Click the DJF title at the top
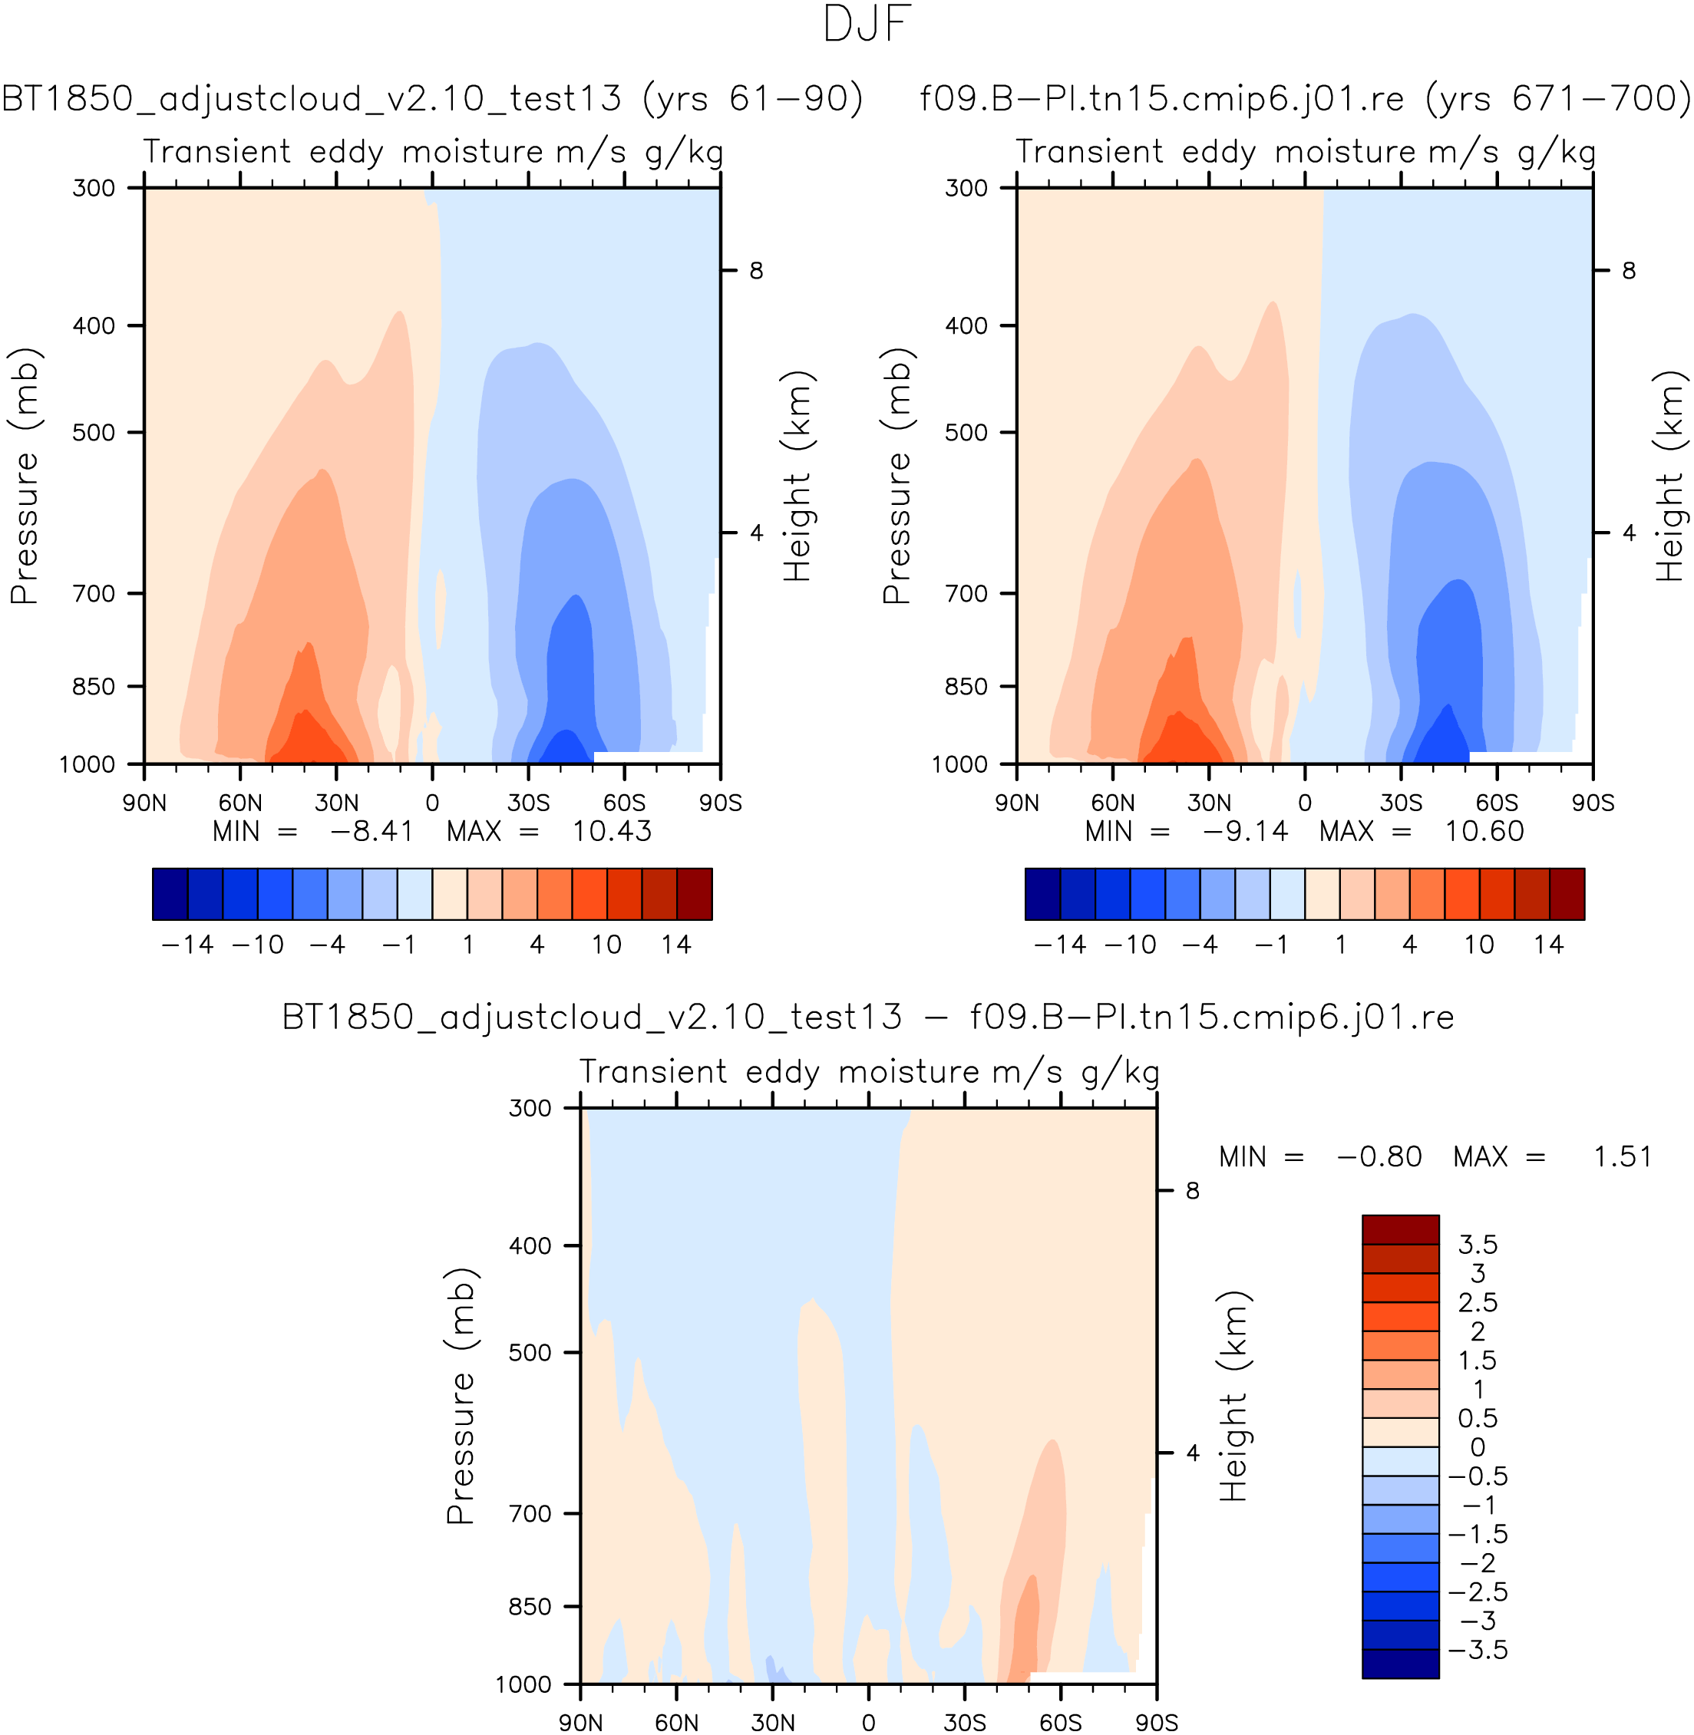[867, 25]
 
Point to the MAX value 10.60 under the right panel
[1484, 832]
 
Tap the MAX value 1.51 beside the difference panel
[1622, 1157]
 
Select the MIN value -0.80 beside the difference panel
[1379, 1157]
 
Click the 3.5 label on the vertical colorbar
[1478, 1244]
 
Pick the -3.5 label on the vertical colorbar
[1478, 1650]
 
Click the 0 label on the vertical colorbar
[1478, 1447]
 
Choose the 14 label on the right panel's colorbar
[1548, 945]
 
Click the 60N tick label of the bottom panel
[676, 1723]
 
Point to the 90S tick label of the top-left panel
[720, 803]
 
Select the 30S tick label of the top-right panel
[1400, 803]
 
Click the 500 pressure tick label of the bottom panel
[530, 1353]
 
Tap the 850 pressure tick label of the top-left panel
[94, 687]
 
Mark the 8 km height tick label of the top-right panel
[1628, 270]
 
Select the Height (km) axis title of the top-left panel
[798, 477]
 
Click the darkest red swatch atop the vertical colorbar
[1400, 1230]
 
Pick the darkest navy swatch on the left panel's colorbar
[170, 894]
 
